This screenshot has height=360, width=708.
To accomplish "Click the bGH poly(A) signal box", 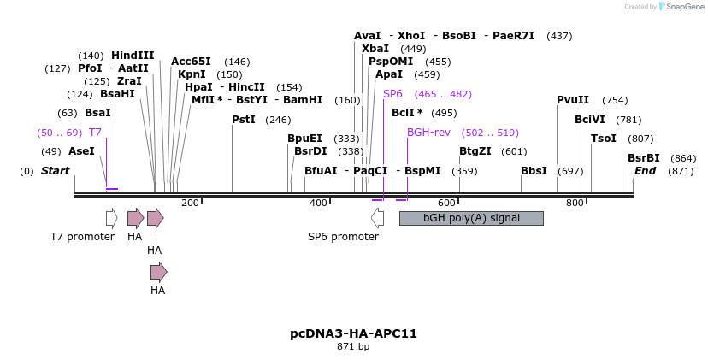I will [x=471, y=218].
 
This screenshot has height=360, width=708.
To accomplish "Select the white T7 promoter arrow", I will [x=111, y=218].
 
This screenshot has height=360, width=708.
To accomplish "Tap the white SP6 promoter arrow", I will [x=377, y=218].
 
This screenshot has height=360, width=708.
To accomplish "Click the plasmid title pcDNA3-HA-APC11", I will [x=353, y=333].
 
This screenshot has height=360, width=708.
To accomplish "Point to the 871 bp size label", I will [x=353, y=347].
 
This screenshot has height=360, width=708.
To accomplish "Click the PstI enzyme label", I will [x=244, y=120].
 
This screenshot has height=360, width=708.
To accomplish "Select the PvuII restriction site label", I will [x=573, y=100].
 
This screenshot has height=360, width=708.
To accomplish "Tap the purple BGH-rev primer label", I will [x=428, y=133].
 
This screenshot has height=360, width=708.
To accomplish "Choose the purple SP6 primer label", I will [x=392, y=94].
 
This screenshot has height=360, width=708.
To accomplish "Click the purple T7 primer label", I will [x=95, y=133].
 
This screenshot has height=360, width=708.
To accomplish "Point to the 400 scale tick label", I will [x=318, y=203].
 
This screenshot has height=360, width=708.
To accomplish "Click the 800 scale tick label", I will [x=575, y=203].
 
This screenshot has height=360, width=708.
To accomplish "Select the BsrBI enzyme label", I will [x=644, y=158].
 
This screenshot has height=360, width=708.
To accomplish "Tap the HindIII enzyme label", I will [x=133, y=56].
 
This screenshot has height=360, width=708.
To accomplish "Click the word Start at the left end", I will [x=55, y=171].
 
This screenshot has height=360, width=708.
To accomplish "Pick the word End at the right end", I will [x=645, y=171].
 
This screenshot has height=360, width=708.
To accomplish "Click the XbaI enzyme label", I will [x=375, y=49].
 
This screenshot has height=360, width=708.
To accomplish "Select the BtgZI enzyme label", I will [x=475, y=151].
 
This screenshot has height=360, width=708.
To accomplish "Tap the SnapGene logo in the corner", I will [x=678, y=7].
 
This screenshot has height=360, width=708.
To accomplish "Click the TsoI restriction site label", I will [x=604, y=139].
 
